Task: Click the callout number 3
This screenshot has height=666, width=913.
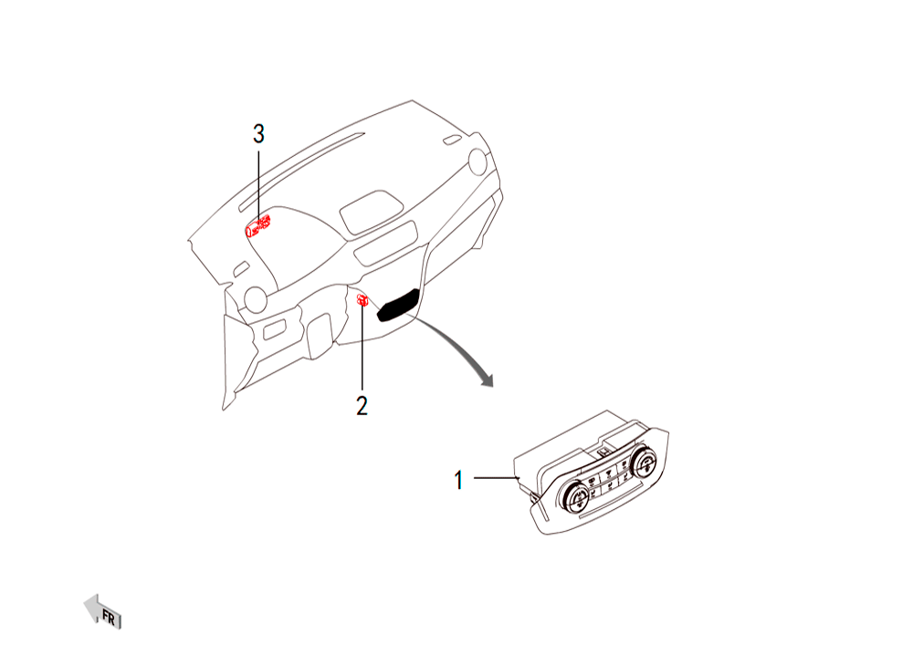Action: point(258,134)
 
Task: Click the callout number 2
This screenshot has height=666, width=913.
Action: point(362,406)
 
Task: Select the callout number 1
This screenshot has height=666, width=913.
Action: point(459,480)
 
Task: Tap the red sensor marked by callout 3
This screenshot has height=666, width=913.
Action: point(257,225)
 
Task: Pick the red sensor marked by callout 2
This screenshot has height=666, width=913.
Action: point(362,300)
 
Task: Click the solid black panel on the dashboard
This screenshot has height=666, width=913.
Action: point(399,304)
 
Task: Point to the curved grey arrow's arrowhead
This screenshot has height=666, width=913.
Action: point(485,379)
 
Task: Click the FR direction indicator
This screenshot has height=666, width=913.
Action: point(103,612)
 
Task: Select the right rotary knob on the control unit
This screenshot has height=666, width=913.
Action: point(644,463)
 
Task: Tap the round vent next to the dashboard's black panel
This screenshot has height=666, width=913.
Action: point(477,161)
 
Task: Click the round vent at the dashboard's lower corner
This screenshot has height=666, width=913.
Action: point(256,299)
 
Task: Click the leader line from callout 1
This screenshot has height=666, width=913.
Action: point(496,477)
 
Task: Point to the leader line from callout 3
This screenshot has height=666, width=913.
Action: point(258,185)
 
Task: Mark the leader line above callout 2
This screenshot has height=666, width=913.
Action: point(362,347)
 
